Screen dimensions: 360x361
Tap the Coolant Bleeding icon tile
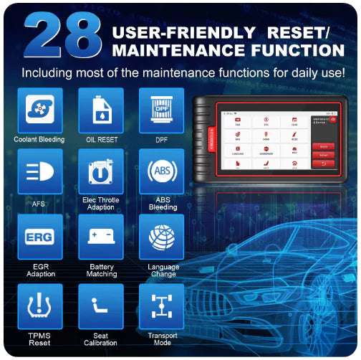(x=40, y=110)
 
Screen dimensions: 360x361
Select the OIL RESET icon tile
(x=101, y=110)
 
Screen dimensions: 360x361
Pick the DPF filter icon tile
(x=162, y=110)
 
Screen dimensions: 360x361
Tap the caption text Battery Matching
(x=101, y=270)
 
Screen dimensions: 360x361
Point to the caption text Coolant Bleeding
(x=39, y=139)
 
